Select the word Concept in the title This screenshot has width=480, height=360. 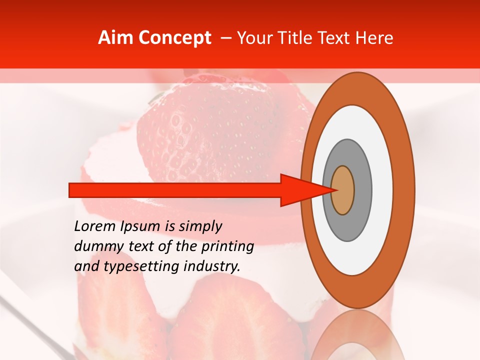pos(174,38)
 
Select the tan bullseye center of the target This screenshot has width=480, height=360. pos(343,190)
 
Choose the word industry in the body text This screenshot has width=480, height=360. pos(212,267)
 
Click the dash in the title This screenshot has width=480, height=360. pos(226,38)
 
